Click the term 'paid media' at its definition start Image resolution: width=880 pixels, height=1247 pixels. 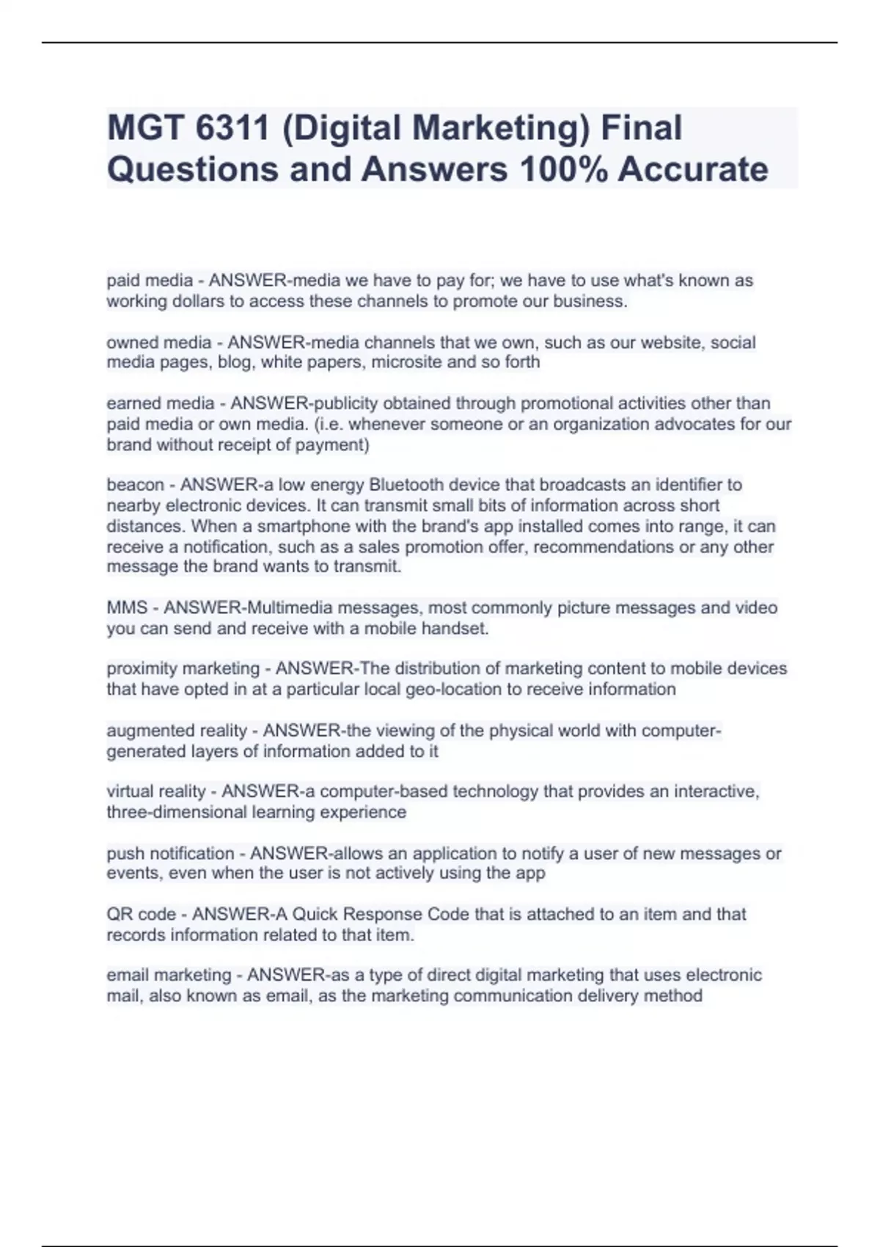(x=150, y=280)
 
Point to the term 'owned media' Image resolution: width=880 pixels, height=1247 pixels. (x=158, y=342)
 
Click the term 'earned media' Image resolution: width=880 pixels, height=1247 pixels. (x=161, y=403)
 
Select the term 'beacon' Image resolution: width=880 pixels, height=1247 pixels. (x=135, y=484)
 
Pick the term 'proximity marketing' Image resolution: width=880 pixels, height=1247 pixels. (x=183, y=668)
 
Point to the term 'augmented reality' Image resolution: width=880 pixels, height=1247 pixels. (x=177, y=730)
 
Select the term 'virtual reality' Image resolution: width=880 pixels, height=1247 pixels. (x=155, y=791)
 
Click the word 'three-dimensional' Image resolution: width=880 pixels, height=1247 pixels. (x=176, y=812)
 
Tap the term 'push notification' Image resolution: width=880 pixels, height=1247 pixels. (x=170, y=853)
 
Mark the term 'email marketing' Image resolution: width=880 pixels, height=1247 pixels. (x=169, y=975)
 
